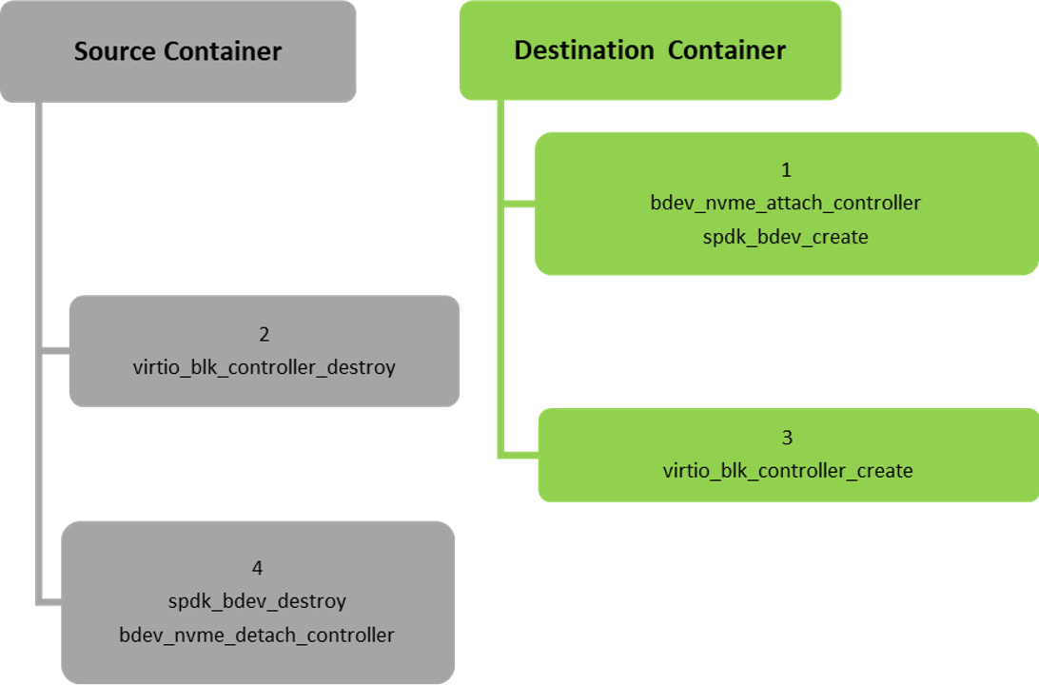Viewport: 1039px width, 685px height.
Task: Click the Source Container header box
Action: click(x=178, y=51)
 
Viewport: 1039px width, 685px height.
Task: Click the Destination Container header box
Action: click(x=650, y=50)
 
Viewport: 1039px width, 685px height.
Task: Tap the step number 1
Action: click(x=786, y=170)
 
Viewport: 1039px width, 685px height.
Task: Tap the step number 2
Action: click(x=265, y=334)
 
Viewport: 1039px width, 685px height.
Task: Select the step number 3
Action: click(x=787, y=438)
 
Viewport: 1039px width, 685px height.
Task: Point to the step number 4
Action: click(x=257, y=568)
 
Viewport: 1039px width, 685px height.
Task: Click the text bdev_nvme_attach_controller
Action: click(x=786, y=203)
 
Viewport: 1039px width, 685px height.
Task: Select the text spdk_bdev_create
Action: click(x=786, y=237)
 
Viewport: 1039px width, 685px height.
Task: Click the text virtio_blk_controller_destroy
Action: click(x=265, y=366)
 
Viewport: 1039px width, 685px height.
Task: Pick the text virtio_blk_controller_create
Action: click(x=788, y=470)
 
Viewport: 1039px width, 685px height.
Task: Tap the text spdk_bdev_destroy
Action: click(x=257, y=601)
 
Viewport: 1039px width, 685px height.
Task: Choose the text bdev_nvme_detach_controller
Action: click(x=257, y=635)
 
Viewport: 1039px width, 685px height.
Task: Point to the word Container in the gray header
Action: click(x=225, y=51)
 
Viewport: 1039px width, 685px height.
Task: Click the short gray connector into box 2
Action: click(x=54, y=351)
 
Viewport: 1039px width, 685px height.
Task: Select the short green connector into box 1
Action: click(x=518, y=203)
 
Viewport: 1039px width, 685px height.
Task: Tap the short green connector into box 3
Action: click(x=519, y=455)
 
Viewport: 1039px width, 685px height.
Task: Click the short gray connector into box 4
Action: click(x=49, y=601)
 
